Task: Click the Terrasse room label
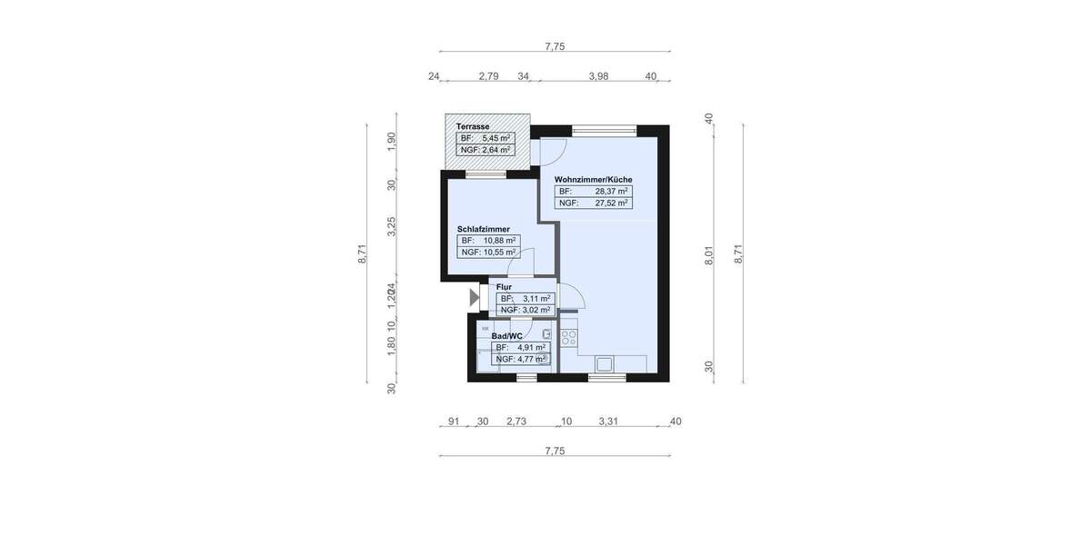click(474, 126)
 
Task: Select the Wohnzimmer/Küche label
click(593, 180)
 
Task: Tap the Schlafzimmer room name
click(483, 229)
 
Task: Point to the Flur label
click(504, 287)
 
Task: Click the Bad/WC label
click(506, 336)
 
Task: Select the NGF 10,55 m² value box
click(488, 253)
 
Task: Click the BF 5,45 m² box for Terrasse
click(485, 138)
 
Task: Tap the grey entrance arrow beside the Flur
click(474, 297)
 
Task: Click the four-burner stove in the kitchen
click(569, 337)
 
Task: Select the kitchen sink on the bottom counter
click(604, 364)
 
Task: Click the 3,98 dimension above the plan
click(598, 76)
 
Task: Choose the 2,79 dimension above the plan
click(488, 76)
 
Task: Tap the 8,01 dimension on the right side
click(709, 256)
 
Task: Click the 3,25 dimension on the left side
click(392, 227)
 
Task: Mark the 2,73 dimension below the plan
click(515, 421)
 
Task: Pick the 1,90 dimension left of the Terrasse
click(392, 143)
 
